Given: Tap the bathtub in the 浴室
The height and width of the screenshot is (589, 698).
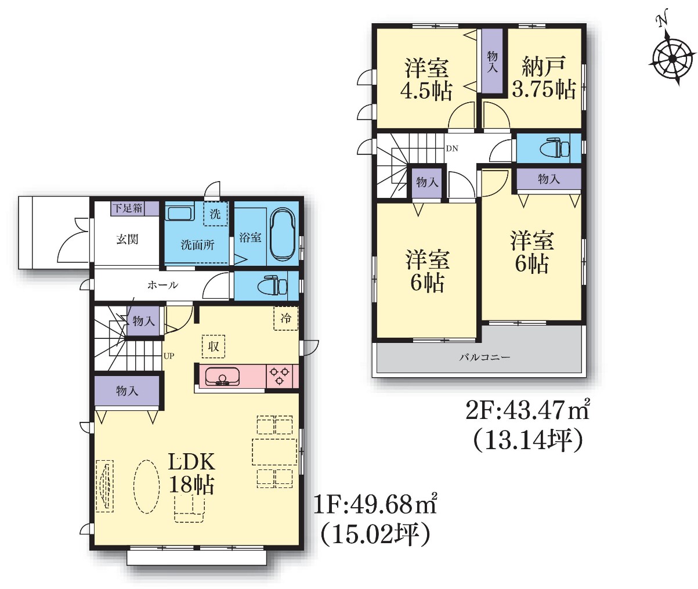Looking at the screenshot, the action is pyautogui.click(x=283, y=234).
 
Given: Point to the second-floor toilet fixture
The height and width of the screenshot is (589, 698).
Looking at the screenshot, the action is pyautogui.click(x=555, y=148).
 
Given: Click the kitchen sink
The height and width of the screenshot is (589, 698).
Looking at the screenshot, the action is pyautogui.click(x=221, y=376).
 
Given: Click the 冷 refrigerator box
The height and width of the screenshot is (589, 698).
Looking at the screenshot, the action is pyautogui.click(x=286, y=318).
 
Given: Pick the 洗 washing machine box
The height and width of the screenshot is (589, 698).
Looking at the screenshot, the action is pyautogui.click(x=215, y=214).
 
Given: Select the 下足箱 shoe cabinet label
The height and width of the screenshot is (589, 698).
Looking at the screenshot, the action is pyautogui.click(x=128, y=208).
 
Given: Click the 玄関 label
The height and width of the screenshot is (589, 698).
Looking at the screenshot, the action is pyautogui.click(x=128, y=239).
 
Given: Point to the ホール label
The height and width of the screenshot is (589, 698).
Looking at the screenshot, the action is pyautogui.click(x=162, y=285).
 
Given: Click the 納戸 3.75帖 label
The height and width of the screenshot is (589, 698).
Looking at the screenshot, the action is pyautogui.click(x=544, y=78).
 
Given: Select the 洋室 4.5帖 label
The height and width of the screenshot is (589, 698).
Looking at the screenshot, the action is pyautogui.click(x=426, y=79).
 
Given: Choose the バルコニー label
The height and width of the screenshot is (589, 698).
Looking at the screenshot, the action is pyautogui.click(x=484, y=357).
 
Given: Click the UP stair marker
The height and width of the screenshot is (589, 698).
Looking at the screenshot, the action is pyautogui.click(x=169, y=356).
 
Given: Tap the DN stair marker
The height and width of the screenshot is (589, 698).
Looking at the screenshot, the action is pyautogui.click(x=452, y=149).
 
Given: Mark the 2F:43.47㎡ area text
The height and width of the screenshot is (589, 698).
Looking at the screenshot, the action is pyautogui.click(x=527, y=411).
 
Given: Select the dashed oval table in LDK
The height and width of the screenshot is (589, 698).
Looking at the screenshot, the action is pyautogui.click(x=146, y=486).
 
